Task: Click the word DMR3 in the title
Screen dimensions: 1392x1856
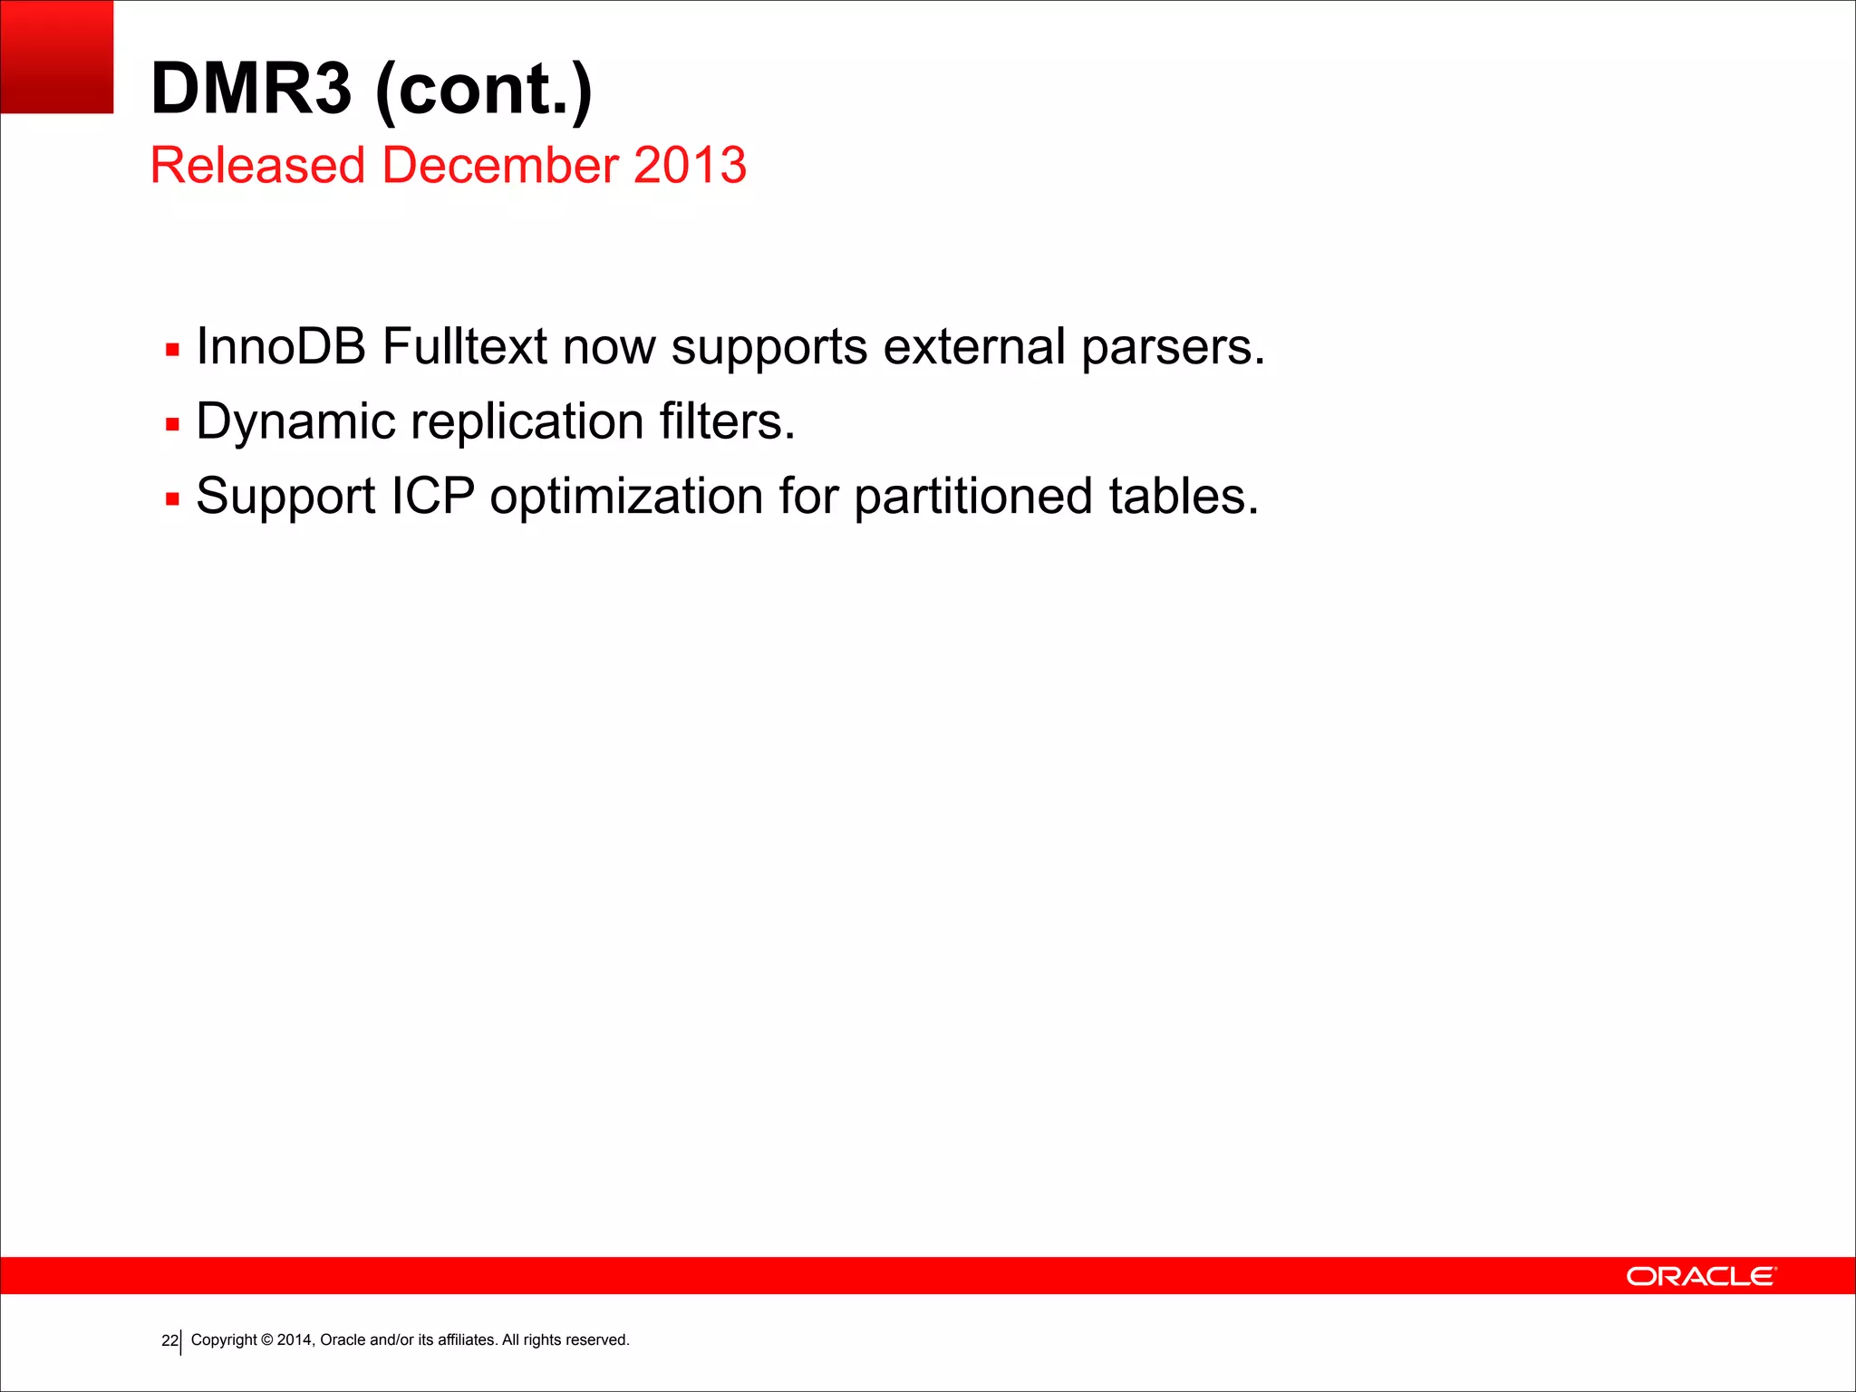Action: pos(250,89)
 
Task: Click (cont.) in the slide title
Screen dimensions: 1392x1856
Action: pos(483,89)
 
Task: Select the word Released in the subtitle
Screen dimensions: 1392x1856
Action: pos(257,165)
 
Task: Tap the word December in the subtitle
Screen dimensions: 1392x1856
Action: pos(500,165)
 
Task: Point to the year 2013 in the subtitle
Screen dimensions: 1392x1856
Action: pos(690,165)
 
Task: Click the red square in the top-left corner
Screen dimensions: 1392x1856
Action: pos(56,56)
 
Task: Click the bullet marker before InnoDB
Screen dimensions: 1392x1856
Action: pos(173,350)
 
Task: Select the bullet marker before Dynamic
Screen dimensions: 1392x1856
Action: pos(173,424)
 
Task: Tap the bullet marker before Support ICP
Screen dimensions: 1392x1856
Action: pos(173,498)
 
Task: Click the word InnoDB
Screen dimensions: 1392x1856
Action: pos(281,346)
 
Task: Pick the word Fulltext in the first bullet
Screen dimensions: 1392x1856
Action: pos(464,346)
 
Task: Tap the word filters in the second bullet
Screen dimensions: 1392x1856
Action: pos(727,421)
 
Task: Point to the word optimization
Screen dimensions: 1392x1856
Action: pos(626,497)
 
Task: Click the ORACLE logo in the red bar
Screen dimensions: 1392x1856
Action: pos(1701,1276)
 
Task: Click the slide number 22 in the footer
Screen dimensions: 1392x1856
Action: pos(169,1340)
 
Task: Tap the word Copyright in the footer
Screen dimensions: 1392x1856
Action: pos(224,1339)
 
